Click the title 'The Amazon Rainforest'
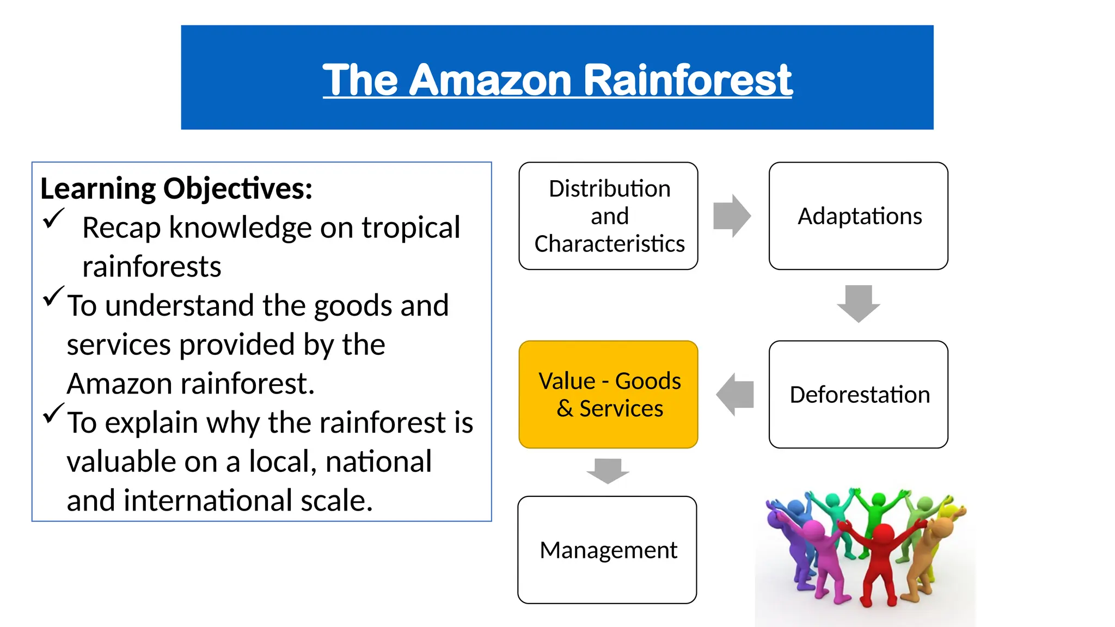tap(557, 79)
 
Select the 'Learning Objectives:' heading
tap(176, 189)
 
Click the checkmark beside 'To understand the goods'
tap(53, 296)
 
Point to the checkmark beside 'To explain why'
tap(53, 413)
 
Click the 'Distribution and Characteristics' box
tap(609, 216)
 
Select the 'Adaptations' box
tap(859, 216)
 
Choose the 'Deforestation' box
tap(859, 395)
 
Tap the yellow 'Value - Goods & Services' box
tap(609, 395)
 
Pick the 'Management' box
tap(608, 550)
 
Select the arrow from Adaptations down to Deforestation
tap(859, 303)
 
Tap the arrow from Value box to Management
tap(608, 471)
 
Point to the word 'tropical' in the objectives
tap(411, 228)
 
